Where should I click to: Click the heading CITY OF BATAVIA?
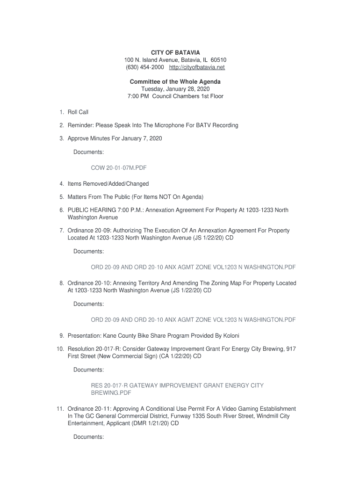[175, 53]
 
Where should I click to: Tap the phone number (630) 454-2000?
[144, 67]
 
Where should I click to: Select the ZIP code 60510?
[218, 60]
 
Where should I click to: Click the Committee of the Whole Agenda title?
[175, 82]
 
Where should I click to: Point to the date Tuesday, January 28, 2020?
[175, 89]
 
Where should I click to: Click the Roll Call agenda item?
[78, 112]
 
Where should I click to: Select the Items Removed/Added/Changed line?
[108, 184]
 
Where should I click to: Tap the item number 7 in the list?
[62, 231]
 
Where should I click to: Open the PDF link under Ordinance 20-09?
[193, 267]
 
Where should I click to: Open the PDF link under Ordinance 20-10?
[193, 320]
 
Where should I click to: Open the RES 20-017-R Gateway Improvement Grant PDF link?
[177, 385]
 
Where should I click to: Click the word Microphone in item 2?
[180, 125]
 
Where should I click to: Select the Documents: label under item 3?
[89, 152]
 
